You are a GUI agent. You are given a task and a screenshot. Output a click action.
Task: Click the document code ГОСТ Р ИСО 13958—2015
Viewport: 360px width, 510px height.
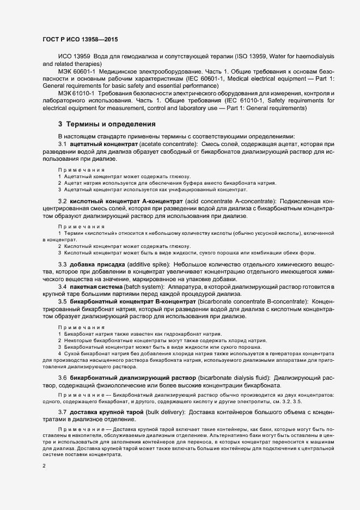tap(80, 40)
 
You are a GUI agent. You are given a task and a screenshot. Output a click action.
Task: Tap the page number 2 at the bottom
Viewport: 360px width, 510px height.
tap(44, 466)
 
